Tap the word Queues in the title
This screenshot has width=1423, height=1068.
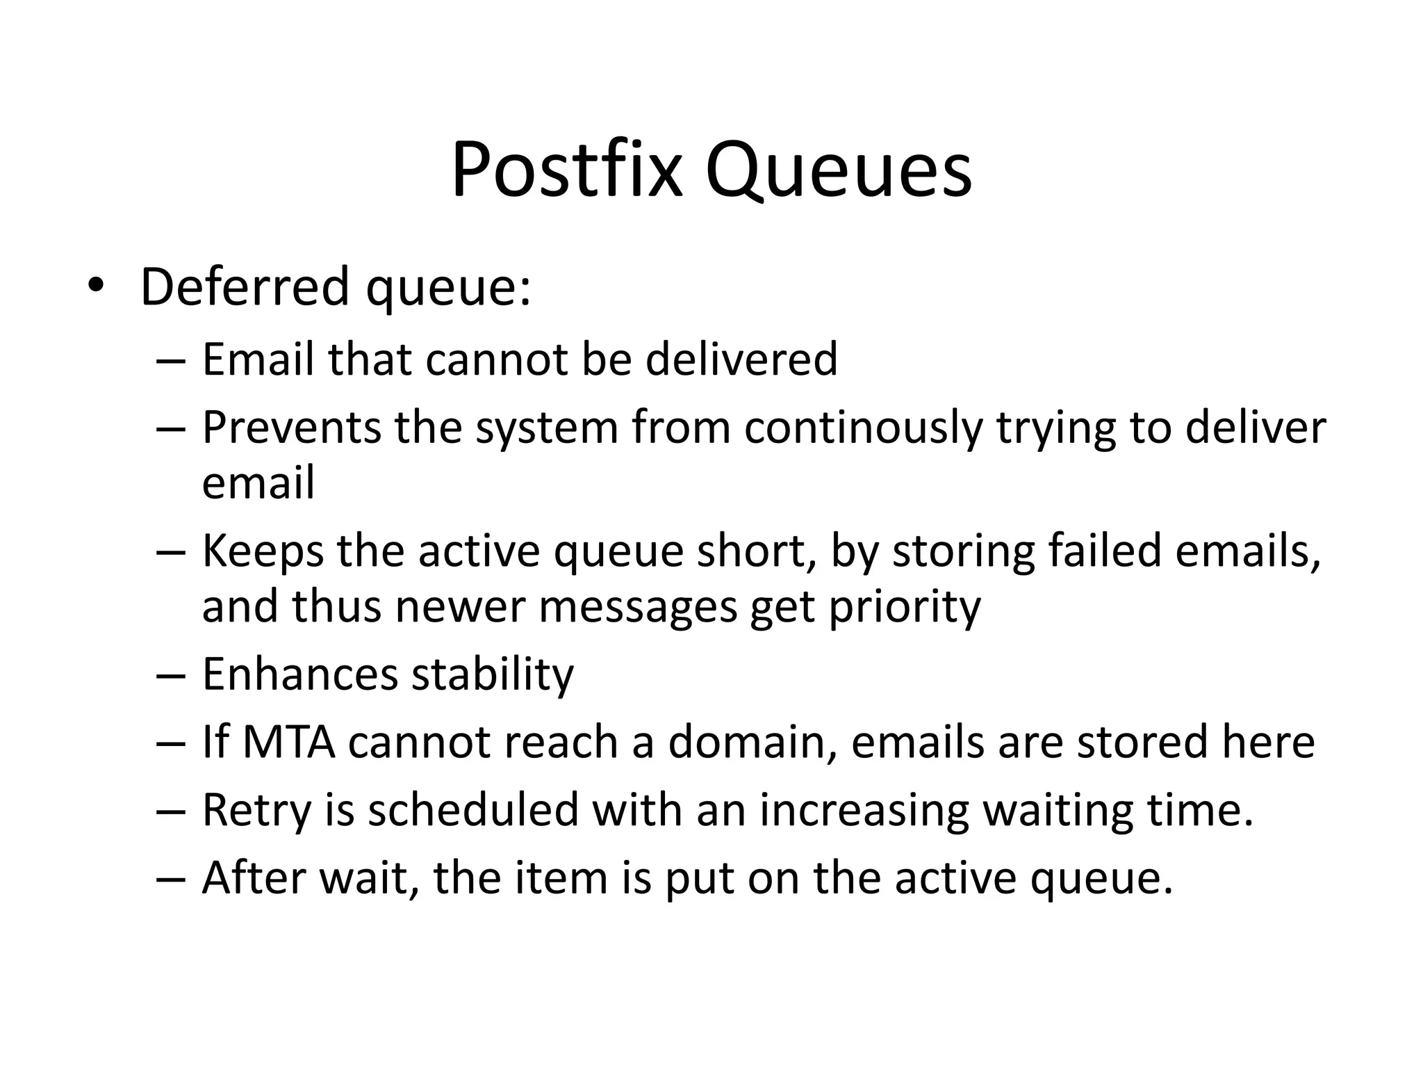click(839, 171)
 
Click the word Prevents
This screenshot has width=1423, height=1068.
click(292, 427)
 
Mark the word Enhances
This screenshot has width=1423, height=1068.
click(300, 674)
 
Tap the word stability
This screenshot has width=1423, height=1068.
click(493, 674)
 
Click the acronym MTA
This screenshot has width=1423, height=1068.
click(289, 741)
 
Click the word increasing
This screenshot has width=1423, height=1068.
click(864, 811)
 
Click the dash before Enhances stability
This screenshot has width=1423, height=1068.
click(172, 674)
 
